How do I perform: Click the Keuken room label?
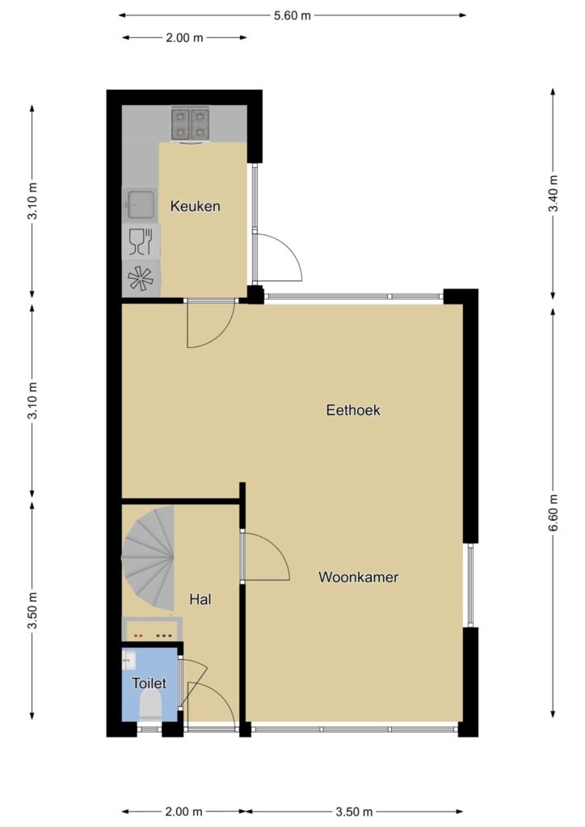tap(196, 206)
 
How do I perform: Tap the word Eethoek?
tap(353, 409)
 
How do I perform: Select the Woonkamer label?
tap(358, 577)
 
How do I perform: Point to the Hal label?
tap(200, 599)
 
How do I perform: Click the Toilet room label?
tap(149, 683)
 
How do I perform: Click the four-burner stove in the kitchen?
tap(189, 124)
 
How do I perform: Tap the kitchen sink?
tap(140, 204)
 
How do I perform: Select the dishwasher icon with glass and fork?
tap(141, 242)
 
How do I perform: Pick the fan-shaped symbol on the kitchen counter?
tap(141, 279)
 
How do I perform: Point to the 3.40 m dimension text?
tap(553, 192)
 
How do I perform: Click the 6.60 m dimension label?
tap(553, 514)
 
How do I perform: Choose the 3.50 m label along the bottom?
tap(354, 811)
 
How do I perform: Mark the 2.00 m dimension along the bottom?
tap(183, 811)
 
